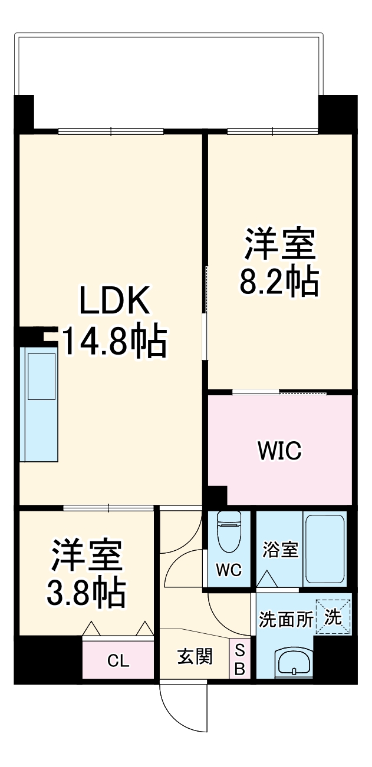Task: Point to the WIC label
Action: [279, 451]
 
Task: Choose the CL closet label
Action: [118, 661]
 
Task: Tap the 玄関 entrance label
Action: [195, 656]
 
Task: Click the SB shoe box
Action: [240, 659]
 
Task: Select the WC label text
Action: [229, 570]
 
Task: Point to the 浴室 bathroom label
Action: [281, 550]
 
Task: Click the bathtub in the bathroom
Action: [325, 548]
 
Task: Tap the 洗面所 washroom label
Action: [286, 619]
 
